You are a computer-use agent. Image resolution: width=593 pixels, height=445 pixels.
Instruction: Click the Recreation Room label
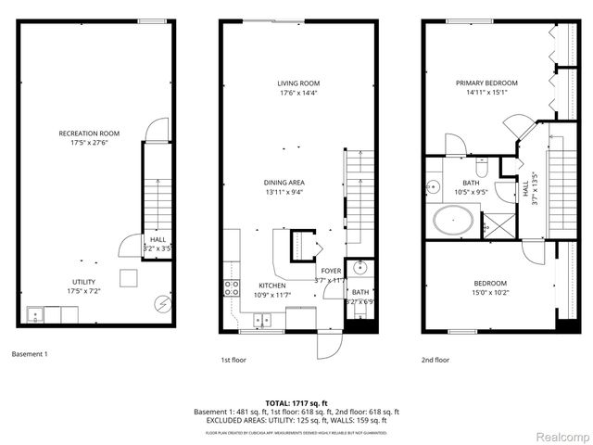click(x=96, y=133)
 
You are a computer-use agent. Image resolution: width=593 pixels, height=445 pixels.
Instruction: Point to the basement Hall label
click(x=158, y=239)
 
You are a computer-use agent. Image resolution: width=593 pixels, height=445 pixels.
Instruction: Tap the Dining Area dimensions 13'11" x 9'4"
click(x=285, y=193)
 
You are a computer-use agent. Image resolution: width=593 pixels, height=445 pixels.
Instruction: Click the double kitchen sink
click(x=262, y=321)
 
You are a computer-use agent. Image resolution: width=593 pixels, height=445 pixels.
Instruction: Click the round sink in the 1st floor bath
click(x=361, y=270)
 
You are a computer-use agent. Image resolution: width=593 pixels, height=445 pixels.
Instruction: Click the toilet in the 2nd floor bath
click(x=481, y=167)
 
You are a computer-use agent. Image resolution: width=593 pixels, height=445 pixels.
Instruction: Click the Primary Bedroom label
click(x=486, y=83)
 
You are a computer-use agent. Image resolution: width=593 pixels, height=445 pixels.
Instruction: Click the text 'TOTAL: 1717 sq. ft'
click(x=296, y=403)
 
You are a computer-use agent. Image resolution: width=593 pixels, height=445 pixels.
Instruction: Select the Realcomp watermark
click(x=562, y=435)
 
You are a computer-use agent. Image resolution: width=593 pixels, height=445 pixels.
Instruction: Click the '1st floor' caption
click(x=232, y=359)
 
